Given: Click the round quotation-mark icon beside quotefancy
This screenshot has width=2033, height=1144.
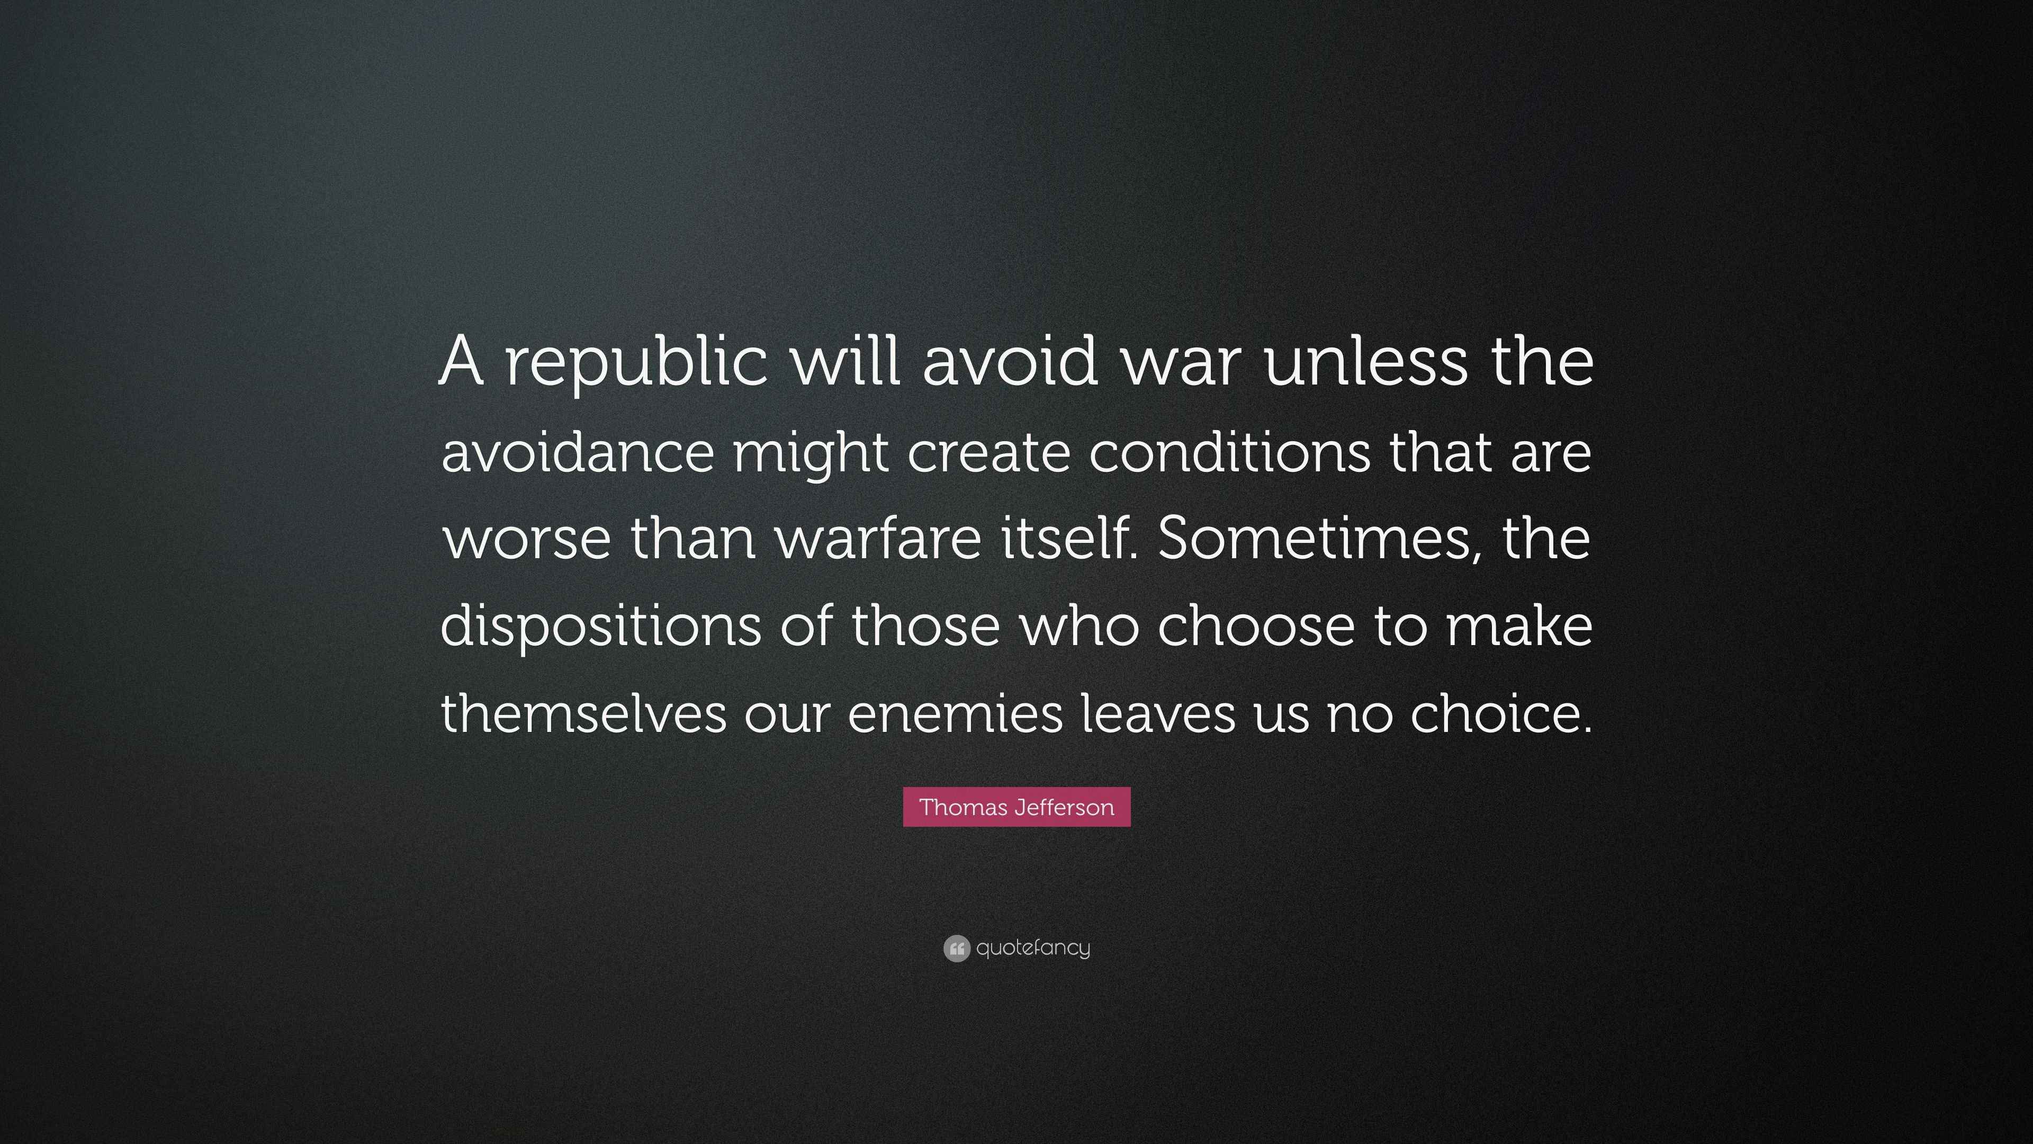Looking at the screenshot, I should (x=956, y=948).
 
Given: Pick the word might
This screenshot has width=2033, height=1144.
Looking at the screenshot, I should (x=811, y=454).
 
